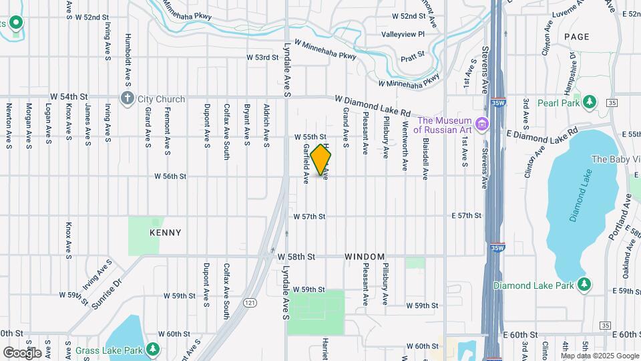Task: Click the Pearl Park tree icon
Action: pyautogui.click(x=589, y=101)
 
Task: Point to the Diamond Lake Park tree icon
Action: pyautogui.click(x=584, y=284)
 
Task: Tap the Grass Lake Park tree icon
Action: pyautogui.click(x=153, y=349)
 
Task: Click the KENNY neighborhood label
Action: pyautogui.click(x=165, y=233)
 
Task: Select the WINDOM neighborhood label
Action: pyautogui.click(x=365, y=257)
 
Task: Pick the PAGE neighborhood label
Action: pyautogui.click(x=576, y=37)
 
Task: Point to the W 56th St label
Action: pyautogui.click(x=170, y=176)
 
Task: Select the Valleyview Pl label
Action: pyautogui.click(x=403, y=34)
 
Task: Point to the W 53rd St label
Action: pyautogui.click(x=262, y=57)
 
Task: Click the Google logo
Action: pyautogui.click(x=22, y=352)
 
